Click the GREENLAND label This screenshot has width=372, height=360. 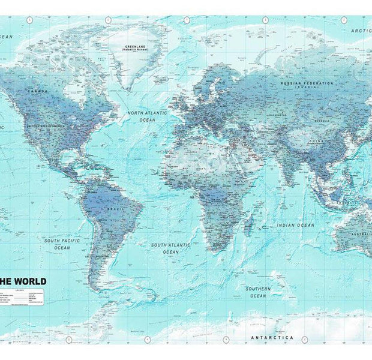tap(135, 46)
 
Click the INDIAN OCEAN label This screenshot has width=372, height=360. tap(295, 225)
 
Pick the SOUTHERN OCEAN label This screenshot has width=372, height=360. tap(258, 292)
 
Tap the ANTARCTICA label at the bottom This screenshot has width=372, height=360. tap(272, 337)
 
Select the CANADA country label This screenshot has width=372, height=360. tap(37, 91)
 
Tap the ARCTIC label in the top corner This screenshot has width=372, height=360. tap(362, 30)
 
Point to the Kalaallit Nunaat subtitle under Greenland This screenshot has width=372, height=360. tap(135, 50)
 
